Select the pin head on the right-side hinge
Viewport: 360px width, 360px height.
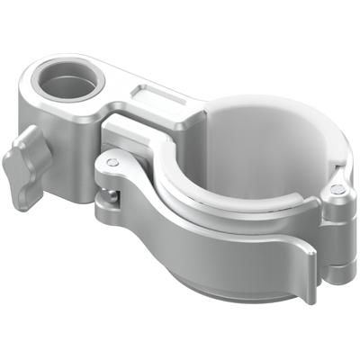336,190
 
